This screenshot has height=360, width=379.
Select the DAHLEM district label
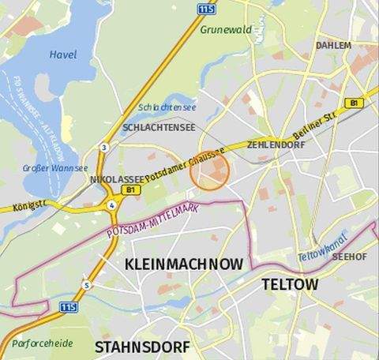click(333, 46)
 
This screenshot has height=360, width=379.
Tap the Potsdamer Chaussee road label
click(186, 162)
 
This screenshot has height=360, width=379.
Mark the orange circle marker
click(210, 171)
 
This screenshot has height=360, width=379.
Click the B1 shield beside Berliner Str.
click(352, 103)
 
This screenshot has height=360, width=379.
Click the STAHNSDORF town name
click(142, 347)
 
